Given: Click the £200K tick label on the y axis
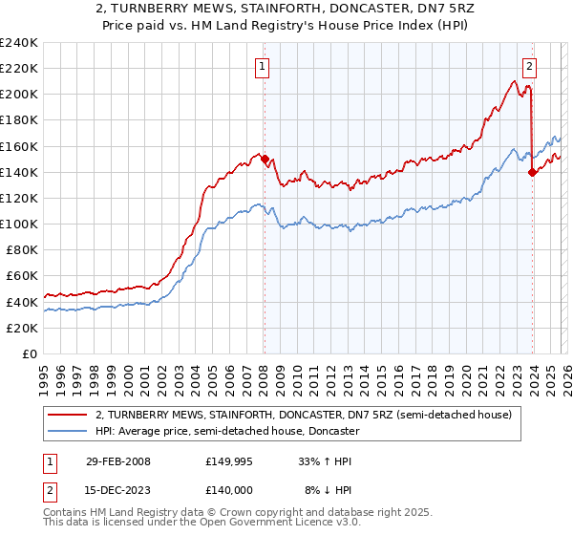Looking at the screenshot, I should coord(19,95).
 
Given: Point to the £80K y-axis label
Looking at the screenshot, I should coord(22,250).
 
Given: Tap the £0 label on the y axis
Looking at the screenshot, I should coord(30,353).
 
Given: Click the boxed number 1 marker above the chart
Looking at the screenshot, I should coord(262,66).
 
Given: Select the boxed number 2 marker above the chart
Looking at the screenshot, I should coord(528,66).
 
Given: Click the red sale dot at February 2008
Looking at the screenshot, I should coord(265,160).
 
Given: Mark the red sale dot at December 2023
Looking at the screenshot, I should coord(532,172).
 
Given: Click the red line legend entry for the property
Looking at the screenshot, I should coord(304,415).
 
